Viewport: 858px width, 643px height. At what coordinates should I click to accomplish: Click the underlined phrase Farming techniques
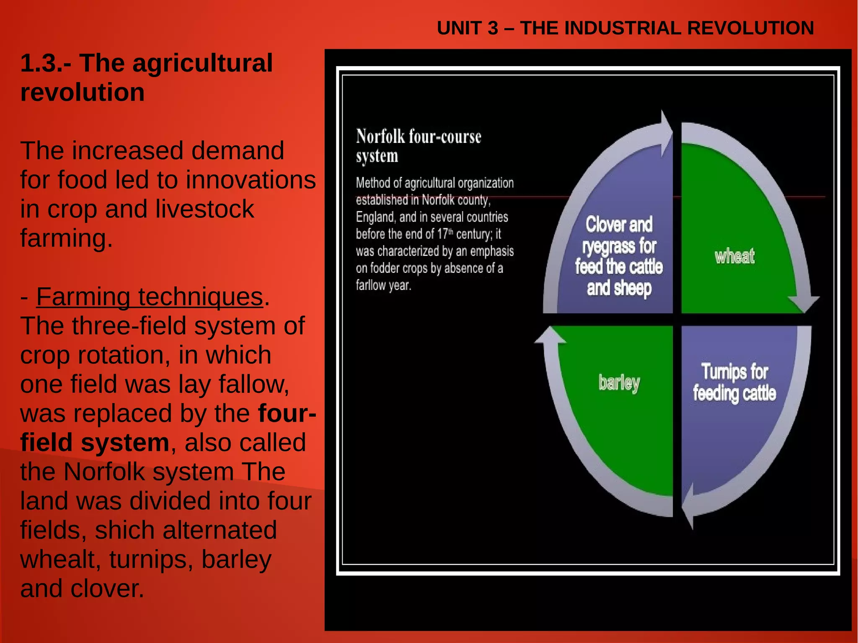coord(149,297)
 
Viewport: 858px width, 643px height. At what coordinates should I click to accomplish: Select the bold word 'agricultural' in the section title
coord(176,63)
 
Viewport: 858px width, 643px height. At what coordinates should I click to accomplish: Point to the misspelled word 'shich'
coord(125,530)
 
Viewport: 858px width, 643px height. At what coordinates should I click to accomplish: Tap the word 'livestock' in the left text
coord(204,209)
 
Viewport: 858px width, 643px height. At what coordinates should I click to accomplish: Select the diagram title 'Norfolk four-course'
coord(418,137)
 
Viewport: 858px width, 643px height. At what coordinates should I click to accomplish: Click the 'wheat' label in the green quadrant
coord(734,256)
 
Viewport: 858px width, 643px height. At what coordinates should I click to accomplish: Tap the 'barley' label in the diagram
coord(619,383)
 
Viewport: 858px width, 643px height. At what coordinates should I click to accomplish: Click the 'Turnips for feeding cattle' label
coord(734,382)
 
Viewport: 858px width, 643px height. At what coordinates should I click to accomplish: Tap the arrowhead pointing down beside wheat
coord(804,302)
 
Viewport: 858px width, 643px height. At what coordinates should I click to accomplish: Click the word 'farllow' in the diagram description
coord(371,286)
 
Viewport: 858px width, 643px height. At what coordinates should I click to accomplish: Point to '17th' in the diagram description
coord(445,234)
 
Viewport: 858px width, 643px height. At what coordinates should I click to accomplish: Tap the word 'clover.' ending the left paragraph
coord(107,589)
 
